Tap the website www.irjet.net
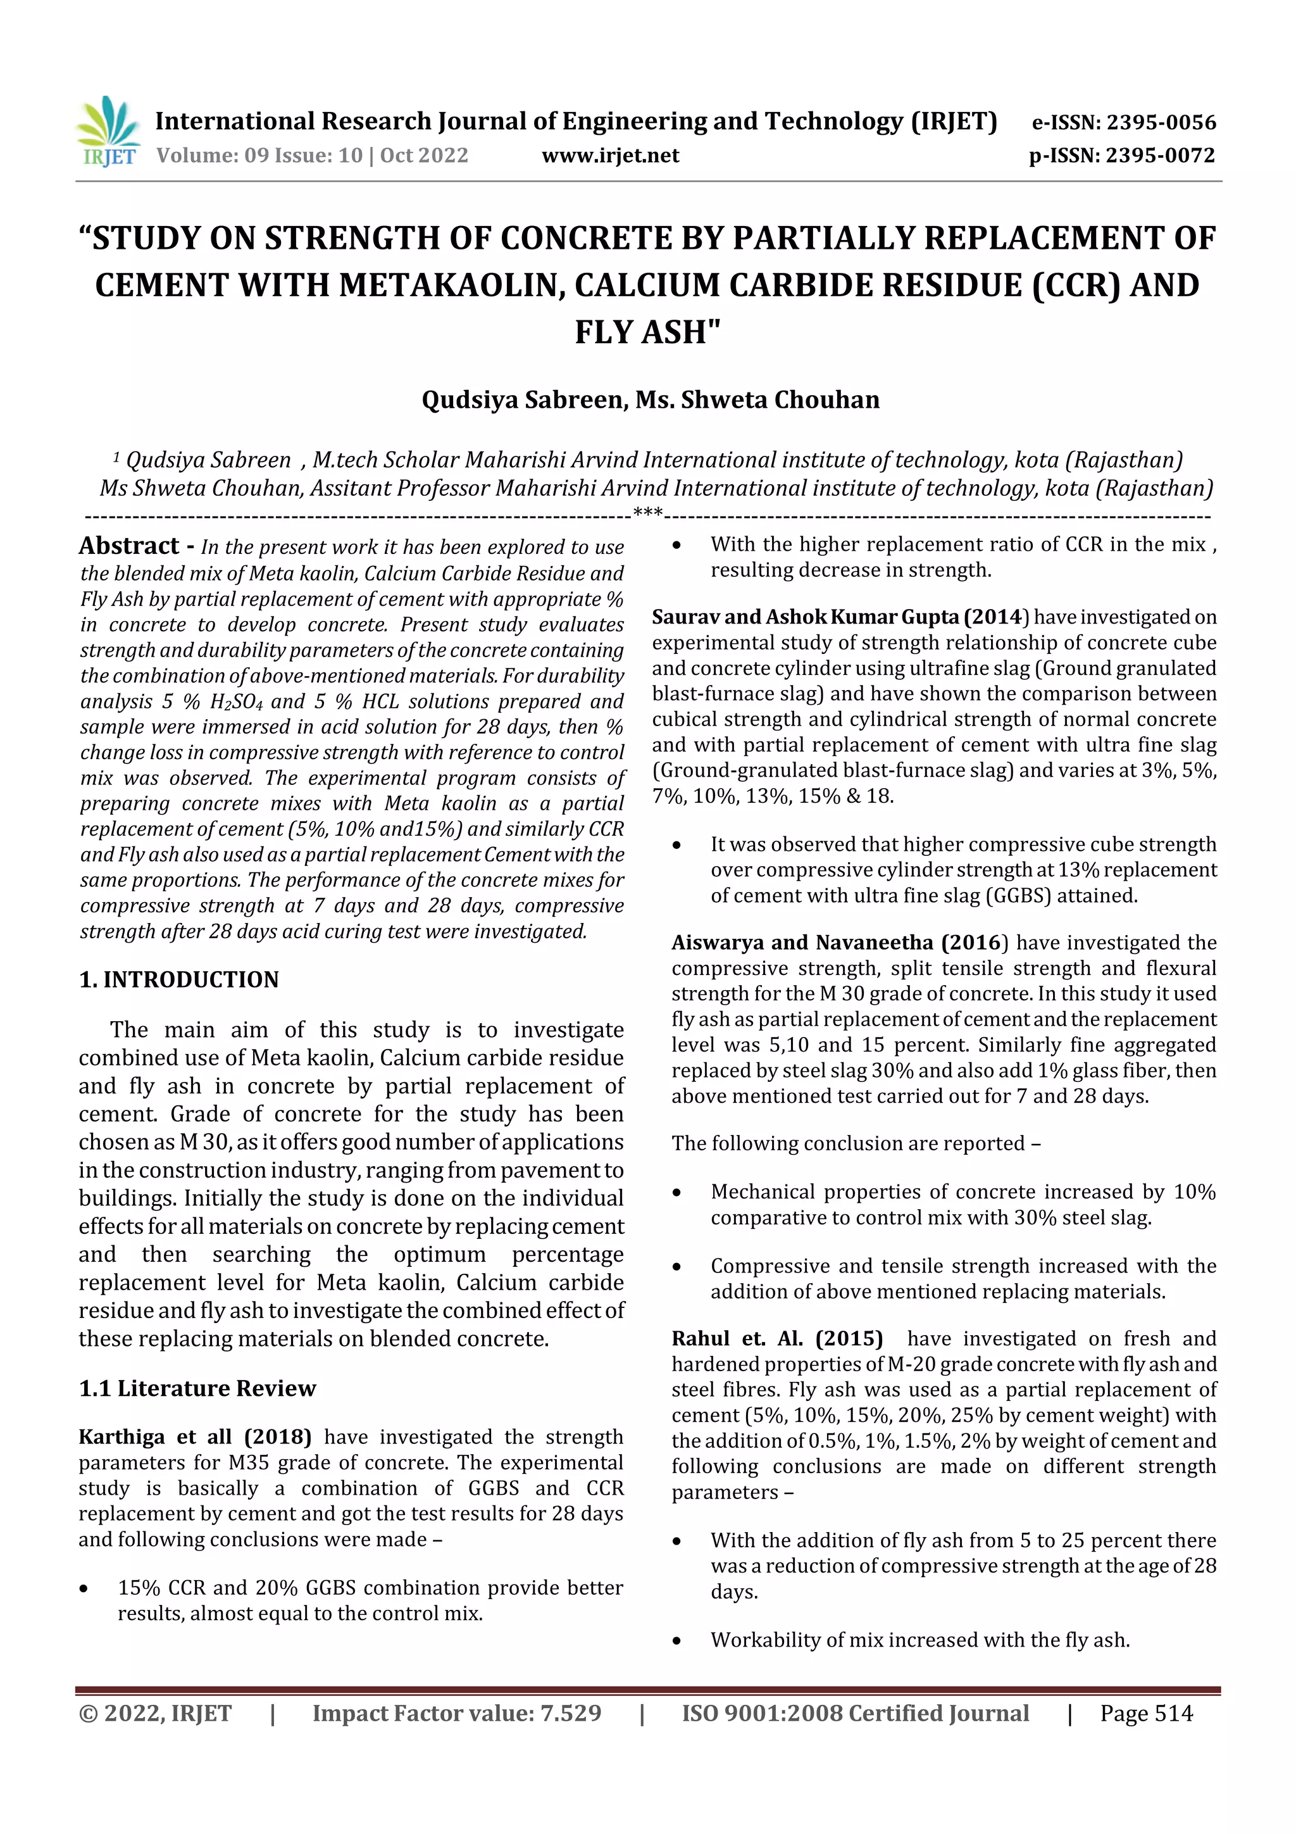[x=610, y=155]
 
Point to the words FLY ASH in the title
[x=647, y=332]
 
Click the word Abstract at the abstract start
[x=128, y=546]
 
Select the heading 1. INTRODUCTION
[x=179, y=979]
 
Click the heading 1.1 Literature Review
[x=197, y=1388]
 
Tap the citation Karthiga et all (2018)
[x=195, y=1436]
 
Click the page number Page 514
[x=1146, y=1712]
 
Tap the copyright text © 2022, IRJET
[x=155, y=1712]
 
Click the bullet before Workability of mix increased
[x=677, y=1641]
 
